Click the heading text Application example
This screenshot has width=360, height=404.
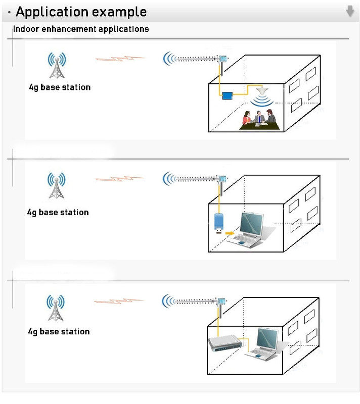click(81, 12)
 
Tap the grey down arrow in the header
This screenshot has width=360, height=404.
click(350, 11)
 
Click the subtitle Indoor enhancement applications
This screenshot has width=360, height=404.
click(81, 29)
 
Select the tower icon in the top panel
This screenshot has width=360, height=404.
click(57, 66)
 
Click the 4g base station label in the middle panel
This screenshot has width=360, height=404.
click(58, 213)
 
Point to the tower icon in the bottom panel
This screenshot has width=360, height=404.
click(56, 308)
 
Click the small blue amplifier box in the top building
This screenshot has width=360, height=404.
click(227, 94)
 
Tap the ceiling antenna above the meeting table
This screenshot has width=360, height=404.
click(262, 93)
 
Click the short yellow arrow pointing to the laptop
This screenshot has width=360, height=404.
click(230, 233)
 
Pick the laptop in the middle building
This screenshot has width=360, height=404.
click(248, 230)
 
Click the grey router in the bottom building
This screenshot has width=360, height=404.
click(225, 345)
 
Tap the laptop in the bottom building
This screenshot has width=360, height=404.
click(263, 343)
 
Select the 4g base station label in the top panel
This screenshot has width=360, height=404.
click(60, 87)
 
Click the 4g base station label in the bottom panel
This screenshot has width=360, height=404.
click(58, 332)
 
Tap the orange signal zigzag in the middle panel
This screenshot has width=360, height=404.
click(119, 179)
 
